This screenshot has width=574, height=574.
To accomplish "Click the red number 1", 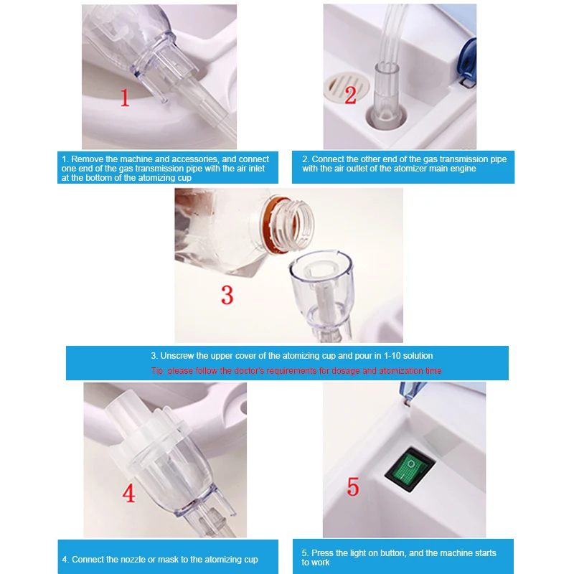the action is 125,98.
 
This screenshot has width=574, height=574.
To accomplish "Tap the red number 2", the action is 350,95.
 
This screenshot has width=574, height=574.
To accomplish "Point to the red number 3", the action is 227,295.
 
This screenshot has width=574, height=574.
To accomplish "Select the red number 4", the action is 128,493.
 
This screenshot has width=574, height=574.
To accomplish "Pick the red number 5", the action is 353,486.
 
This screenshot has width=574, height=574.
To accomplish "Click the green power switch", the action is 410,469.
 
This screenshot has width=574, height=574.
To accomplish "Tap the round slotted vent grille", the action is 346,87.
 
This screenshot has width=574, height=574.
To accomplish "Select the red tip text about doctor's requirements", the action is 296,371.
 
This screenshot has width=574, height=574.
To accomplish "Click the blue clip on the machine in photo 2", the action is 468,62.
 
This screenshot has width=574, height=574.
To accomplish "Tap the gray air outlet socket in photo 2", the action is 386,116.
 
